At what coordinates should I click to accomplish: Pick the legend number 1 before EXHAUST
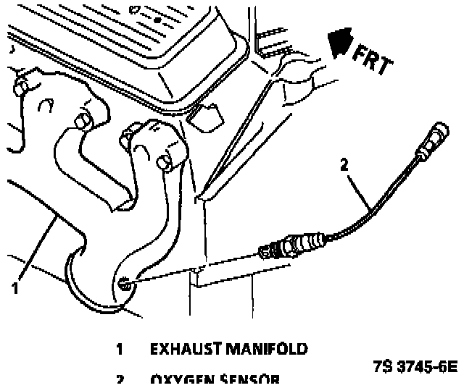(119, 350)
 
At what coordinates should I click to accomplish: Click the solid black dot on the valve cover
(157, 21)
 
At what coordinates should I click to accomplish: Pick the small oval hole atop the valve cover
(134, 9)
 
